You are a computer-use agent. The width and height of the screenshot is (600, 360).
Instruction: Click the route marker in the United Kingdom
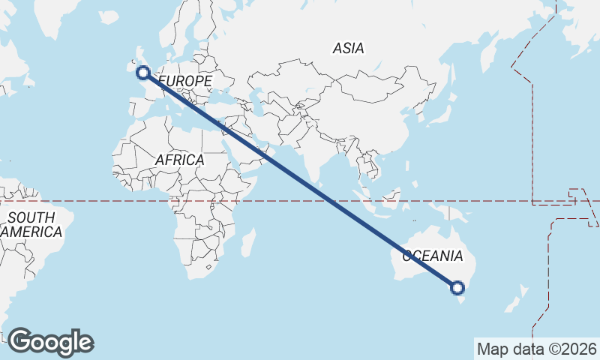[x=142, y=72]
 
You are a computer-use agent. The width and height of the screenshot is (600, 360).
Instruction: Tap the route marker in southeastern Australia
[x=457, y=287]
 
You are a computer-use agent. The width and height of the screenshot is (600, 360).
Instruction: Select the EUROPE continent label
[x=184, y=80]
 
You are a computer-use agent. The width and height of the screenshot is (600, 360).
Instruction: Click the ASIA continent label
[x=348, y=48]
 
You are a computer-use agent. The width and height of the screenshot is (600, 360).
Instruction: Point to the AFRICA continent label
[x=179, y=160]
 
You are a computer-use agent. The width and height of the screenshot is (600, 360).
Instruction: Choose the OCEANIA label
[x=433, y=256]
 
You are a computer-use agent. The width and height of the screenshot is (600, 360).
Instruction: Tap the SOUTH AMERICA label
[x=31, y=225]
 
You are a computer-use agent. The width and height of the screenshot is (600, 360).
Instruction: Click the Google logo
[x=50, y=342]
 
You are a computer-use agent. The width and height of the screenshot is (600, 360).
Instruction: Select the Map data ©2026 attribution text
[x=536, y=349]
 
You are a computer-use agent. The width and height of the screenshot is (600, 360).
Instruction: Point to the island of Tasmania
[x=457, y=305]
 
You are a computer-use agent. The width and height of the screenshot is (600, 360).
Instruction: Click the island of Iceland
[x=109, y=16]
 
